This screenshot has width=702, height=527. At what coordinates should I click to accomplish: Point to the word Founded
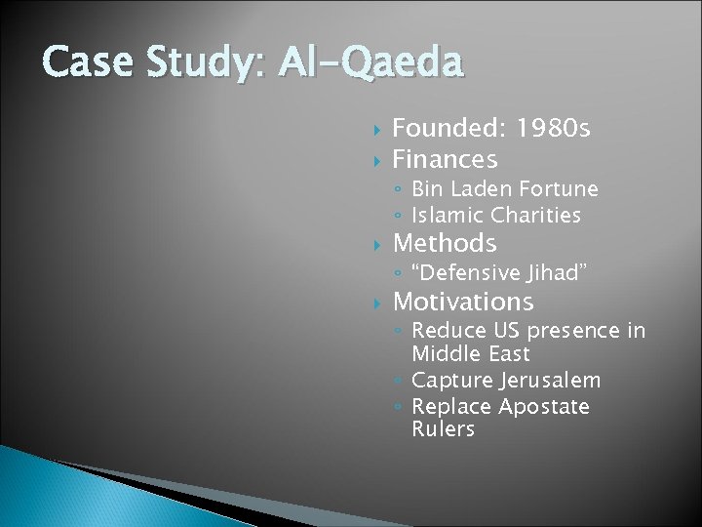coord(448,130)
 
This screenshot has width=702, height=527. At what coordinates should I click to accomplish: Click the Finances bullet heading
coord(445,158)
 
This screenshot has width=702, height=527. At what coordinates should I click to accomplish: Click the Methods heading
coord(444,242)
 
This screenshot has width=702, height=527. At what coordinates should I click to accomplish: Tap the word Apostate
coord(544,405)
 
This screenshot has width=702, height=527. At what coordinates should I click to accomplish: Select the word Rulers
coord(443,428)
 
